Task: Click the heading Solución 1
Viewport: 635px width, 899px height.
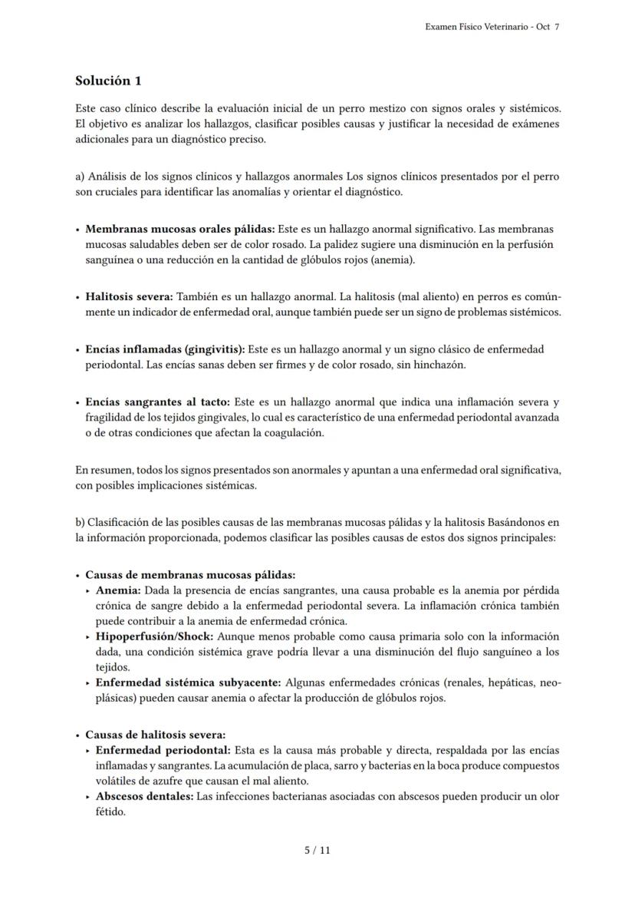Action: point(108,81)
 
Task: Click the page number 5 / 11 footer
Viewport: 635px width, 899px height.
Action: point(317,850)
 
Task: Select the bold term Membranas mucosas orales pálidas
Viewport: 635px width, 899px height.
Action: point(179,230)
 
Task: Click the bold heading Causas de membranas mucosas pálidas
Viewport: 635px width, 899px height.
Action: point(190,575)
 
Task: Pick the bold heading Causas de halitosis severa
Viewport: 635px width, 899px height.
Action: point(155,735)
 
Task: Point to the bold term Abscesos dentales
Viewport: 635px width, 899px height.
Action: point(144,797)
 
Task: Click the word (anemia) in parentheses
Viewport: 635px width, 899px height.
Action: point(393,260)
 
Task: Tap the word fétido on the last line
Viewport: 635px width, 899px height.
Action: point(110,812)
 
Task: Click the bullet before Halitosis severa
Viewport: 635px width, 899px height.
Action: point(78,297)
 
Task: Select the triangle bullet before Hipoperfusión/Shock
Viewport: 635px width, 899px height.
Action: point(89,637)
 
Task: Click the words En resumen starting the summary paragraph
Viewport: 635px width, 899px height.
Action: point(100,470)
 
